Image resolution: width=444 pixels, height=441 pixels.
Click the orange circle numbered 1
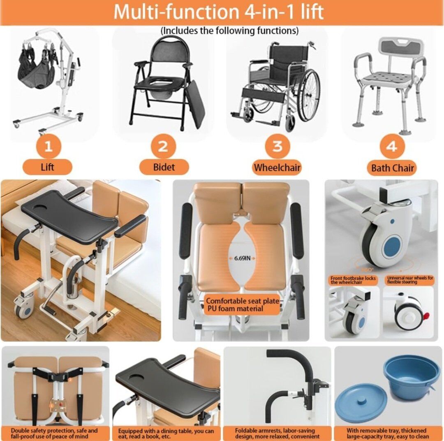coord(49,146)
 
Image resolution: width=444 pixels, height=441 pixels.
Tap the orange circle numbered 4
coord(392,146)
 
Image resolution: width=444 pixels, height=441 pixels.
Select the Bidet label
coord(164,167)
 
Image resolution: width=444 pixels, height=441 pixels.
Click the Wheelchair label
coord(277,167)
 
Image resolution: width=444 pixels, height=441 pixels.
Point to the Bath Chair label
coord(392,168)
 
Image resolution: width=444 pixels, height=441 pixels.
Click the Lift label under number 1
coord(47,167)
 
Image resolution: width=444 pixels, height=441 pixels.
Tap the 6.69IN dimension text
coord(243,258)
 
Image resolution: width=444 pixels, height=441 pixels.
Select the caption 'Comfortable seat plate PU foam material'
coord(243,305)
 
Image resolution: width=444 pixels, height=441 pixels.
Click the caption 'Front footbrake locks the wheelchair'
coord(353,280)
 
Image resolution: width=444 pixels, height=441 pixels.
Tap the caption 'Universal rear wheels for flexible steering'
coord(410,280)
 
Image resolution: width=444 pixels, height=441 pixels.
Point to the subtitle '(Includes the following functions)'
coord(229,30)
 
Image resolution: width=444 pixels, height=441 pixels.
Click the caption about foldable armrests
coord(277,433)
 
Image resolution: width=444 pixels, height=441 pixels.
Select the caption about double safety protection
coord(54,434)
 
